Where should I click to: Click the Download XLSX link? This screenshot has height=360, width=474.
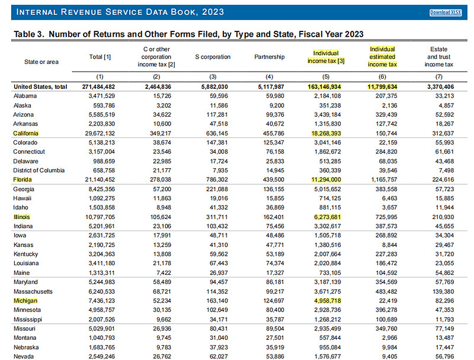point(446,12)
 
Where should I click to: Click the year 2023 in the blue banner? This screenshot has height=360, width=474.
point(213,12)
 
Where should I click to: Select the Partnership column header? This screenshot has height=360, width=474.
point(270,57)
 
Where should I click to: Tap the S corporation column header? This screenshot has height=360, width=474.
point(213,57)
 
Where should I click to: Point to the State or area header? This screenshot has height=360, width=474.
point(41,62)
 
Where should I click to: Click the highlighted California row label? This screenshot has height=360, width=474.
point(25,133)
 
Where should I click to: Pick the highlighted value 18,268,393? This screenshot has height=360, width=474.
point(326,133)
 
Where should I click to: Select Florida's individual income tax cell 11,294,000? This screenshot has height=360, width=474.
point(326,179)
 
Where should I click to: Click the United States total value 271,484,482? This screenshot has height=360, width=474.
point(98,86)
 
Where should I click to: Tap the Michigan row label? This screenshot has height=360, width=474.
point(25,301)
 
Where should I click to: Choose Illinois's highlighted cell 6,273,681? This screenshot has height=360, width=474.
point(328,217)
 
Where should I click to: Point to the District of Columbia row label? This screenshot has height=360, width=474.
point(39,171)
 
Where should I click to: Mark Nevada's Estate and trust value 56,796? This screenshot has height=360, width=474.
point(445,356)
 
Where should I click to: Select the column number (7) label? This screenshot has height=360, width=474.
point(438,77)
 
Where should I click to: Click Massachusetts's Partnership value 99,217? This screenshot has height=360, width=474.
point(275,291)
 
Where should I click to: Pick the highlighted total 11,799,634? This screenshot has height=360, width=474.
point(382,86)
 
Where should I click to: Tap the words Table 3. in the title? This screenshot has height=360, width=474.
point(29,34)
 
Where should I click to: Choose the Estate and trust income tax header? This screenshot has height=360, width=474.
point(438,57)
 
